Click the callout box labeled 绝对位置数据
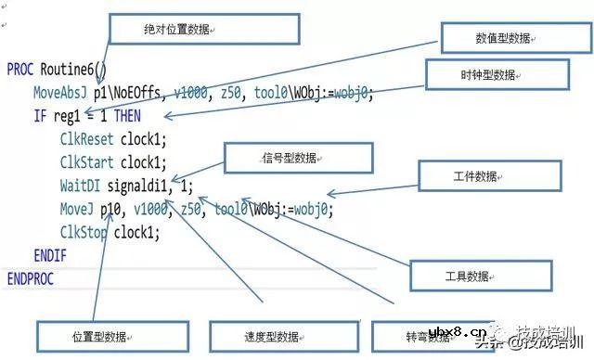click(x=204, y=30)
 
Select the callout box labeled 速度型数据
click(x=270, y=336)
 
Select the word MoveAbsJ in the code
click(x=60, y=94)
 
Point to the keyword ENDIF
click(x=49, y=254)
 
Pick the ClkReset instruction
click(x=87, y=139)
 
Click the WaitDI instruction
click(x=80, y=185)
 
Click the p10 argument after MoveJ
click(x=112, y=209)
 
